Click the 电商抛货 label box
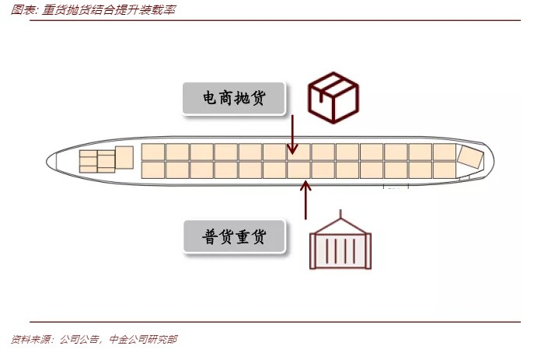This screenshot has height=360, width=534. click(234, 99)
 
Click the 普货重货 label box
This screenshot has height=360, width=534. click(234, 236)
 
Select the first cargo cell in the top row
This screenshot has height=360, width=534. click(153, 152)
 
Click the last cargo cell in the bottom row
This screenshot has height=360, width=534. click(444, 170)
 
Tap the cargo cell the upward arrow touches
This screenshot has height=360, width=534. click(299, 170)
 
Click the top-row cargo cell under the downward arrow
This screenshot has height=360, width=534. click(299, 152)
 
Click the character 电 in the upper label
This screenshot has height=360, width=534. click(209, 99)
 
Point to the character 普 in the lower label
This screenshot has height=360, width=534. click(209, 236)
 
